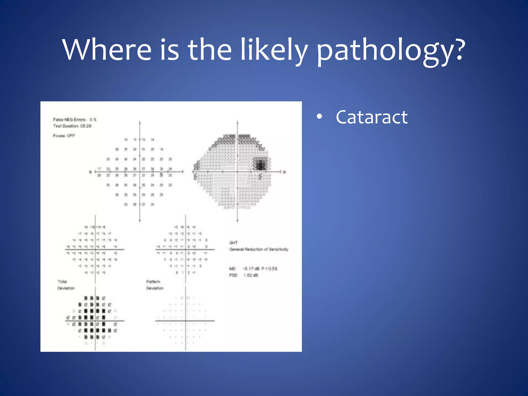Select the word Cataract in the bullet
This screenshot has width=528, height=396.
pos(372,117)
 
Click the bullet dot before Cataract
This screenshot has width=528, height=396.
pos(319,117)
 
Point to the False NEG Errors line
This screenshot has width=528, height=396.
pos(75,120)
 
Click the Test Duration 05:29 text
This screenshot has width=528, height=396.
pos(72,126)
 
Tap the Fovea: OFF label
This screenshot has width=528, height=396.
pos(64,136)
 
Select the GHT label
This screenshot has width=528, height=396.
pos(233,243)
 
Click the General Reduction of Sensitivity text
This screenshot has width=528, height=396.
pos(259,249)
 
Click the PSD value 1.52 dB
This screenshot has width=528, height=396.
pos(251,275)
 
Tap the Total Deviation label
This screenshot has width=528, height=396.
pos(66,285)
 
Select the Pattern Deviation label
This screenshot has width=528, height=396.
pos(155,285)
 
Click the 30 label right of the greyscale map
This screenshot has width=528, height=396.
pos(284,172)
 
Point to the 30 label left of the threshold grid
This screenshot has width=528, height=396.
pos(90,172)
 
